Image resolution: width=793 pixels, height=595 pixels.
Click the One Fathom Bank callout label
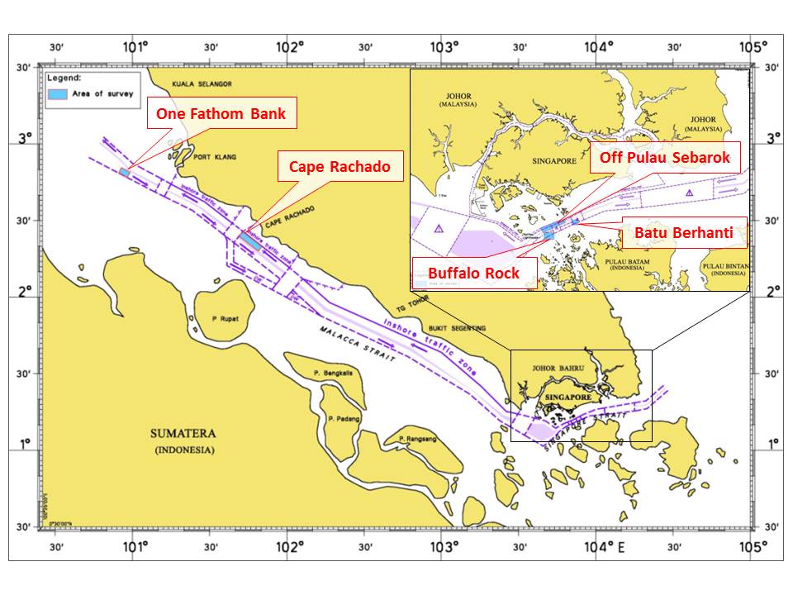tap(221, 113)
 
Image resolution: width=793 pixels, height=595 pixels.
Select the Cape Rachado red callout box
tap(340, 166)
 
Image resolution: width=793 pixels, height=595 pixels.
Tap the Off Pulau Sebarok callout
tap(665, 158)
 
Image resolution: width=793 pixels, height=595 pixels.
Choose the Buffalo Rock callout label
tap(473, 272)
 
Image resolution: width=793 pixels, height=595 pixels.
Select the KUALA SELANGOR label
tap(202, 84)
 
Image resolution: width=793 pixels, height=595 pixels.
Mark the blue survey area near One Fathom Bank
tap(125, 172)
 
